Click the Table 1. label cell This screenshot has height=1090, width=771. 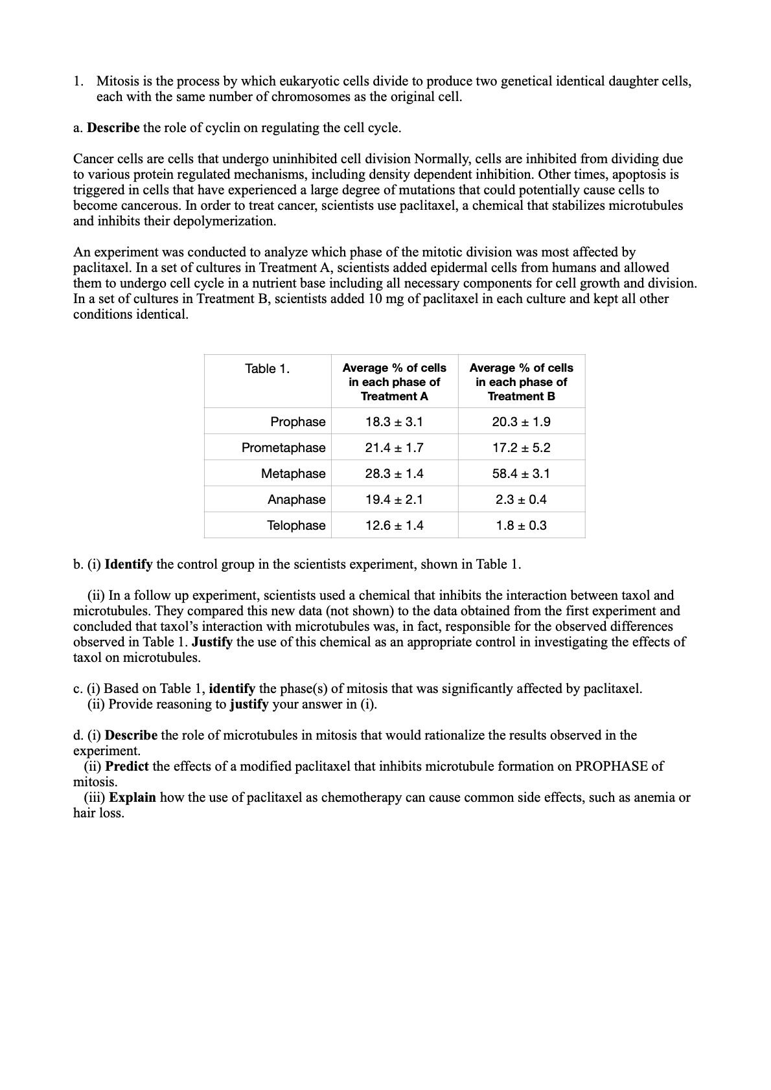[x=267, y=369]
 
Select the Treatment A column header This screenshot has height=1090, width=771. [x=394, y=381]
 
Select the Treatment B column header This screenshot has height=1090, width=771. [x=521, y=381]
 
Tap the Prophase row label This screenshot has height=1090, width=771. [x=297, y=422]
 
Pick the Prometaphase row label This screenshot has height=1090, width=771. [x=283, y=448]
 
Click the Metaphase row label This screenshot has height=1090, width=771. [x=293, y=473]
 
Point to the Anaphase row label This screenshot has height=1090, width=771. [x=296, y=499]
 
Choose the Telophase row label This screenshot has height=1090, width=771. [x=296, y=525]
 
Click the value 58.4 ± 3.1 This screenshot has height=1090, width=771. [x=521, y=473]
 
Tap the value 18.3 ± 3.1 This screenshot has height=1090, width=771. [x=394, y=422]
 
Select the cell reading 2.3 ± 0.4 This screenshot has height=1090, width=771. [x=521, y=499]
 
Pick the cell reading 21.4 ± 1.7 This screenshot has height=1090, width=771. [x=394, y=448]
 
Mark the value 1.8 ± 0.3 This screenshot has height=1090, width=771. [x=521, y=525]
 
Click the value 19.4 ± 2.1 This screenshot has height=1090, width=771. [x=394, y=499]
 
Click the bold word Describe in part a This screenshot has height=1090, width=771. [x=113, y=128]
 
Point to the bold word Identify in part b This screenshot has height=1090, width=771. [x=128, y=564]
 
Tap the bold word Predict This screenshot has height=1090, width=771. [x=127, y=766]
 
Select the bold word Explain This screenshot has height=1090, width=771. [x=132, y=797]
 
